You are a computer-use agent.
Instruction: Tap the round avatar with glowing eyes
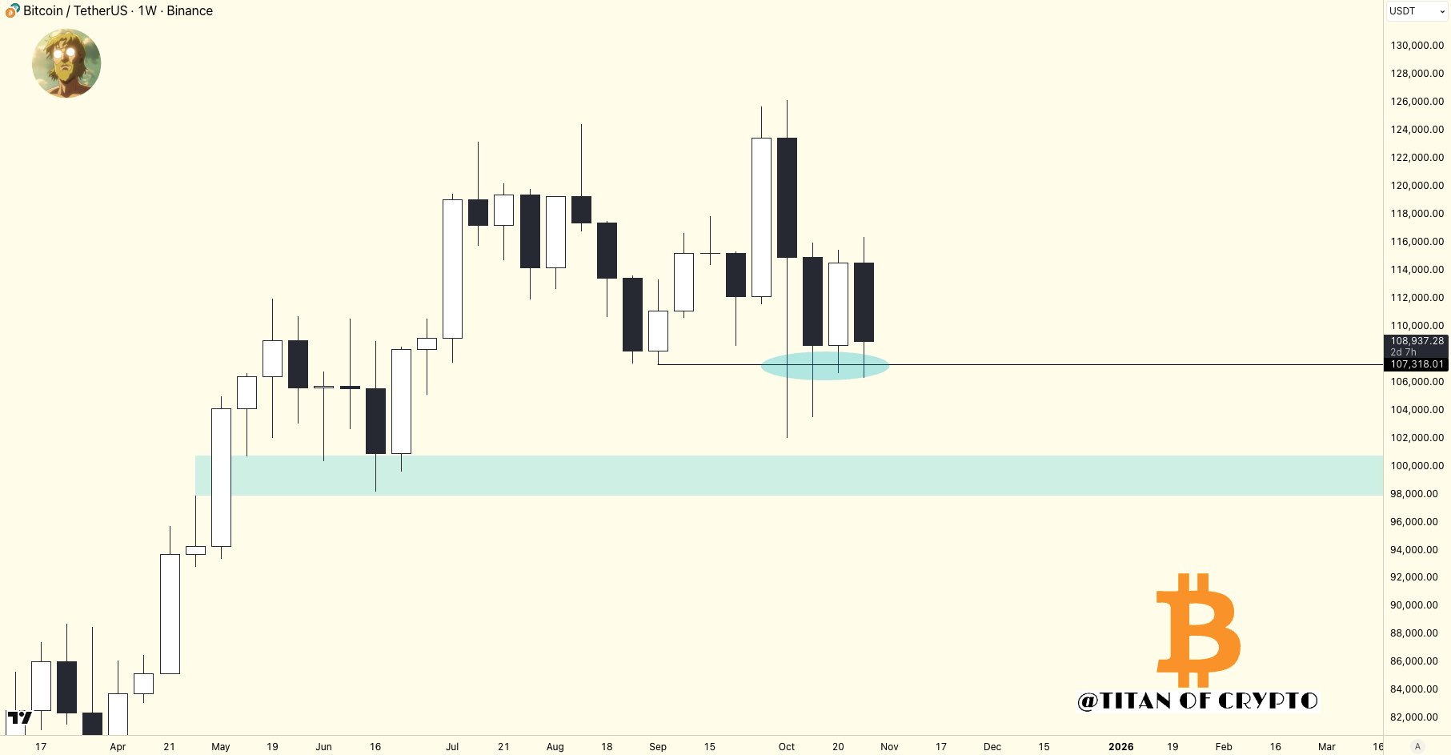[66, 63]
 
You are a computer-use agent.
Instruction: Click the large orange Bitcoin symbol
[1198, 629]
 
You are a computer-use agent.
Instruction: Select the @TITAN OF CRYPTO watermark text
[1197, 701]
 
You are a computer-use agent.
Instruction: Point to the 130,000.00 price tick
[1417, 46]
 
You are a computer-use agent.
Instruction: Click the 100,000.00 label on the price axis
[1417, 466]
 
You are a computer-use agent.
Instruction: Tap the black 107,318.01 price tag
[1417, 364]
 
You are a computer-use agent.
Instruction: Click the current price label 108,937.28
[1417, 341]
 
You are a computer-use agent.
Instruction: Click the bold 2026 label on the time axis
[1120, 746]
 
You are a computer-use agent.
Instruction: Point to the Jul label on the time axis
[452, 746]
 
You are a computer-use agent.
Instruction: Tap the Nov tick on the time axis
[889, 746]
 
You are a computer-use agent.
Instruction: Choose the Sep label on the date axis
[658, 746]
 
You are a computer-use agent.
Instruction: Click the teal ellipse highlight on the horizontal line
[824, 365]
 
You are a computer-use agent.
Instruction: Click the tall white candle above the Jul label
[452, 268]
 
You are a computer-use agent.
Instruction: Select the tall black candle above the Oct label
[787, 198]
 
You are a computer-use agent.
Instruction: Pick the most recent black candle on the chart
[864, 302]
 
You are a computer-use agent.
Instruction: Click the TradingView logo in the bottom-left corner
[19, 717]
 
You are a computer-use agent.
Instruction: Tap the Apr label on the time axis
[118, 746]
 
